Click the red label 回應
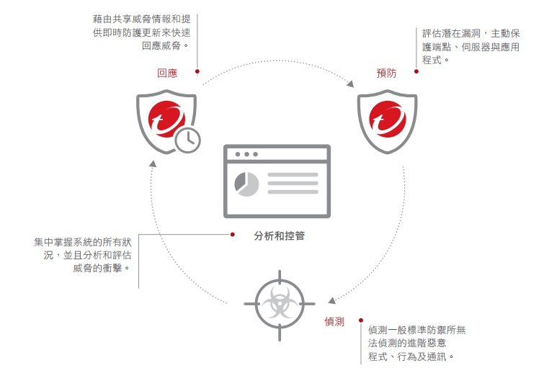[167, 73]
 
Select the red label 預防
[386, 73]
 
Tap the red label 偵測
[334, 322]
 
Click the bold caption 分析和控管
[279, 235]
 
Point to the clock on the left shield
[188, 140]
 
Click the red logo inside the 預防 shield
[388, 119]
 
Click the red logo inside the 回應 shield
[166, 119]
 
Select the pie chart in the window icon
[246, 184]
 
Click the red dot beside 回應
[197, 71]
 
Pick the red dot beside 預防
[416, 71]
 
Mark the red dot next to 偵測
[361, 320]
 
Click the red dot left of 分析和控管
[232, 235]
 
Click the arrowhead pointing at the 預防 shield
[350, 84]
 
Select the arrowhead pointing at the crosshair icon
[331, 300]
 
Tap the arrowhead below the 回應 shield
[153, 163]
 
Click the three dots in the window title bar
[246, 154]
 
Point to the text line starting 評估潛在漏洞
[471, 34]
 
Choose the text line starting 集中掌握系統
[82, 242]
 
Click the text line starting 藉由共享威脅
[142, 19]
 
